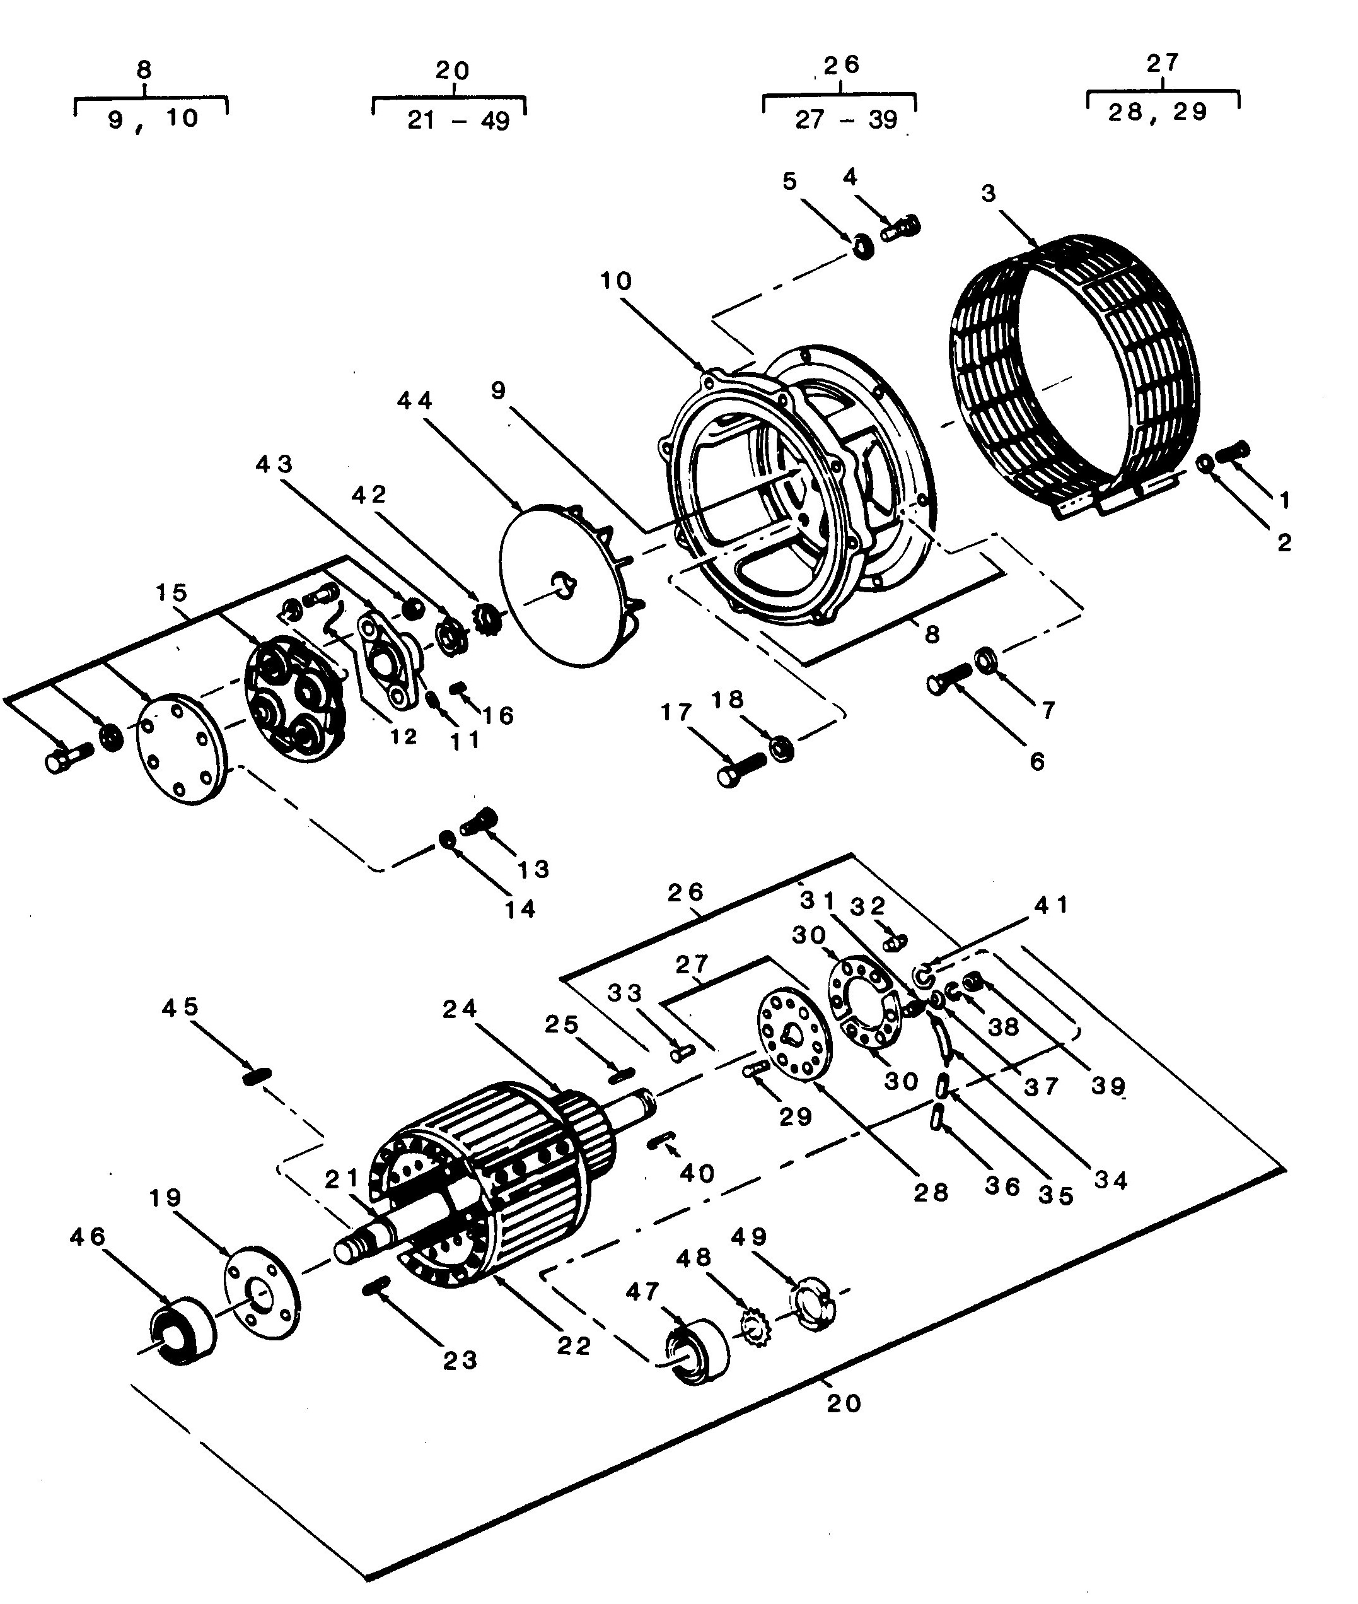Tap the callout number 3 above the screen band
click(x=989, y=192)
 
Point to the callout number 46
click(x=88, y=1237)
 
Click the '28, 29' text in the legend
click(x=1158, y=112)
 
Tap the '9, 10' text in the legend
click(x=153, y=119)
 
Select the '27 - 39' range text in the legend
click(x=847, y=119)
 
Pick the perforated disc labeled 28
click(x=795, y=1036)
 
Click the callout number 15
click(x=171, y=592)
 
